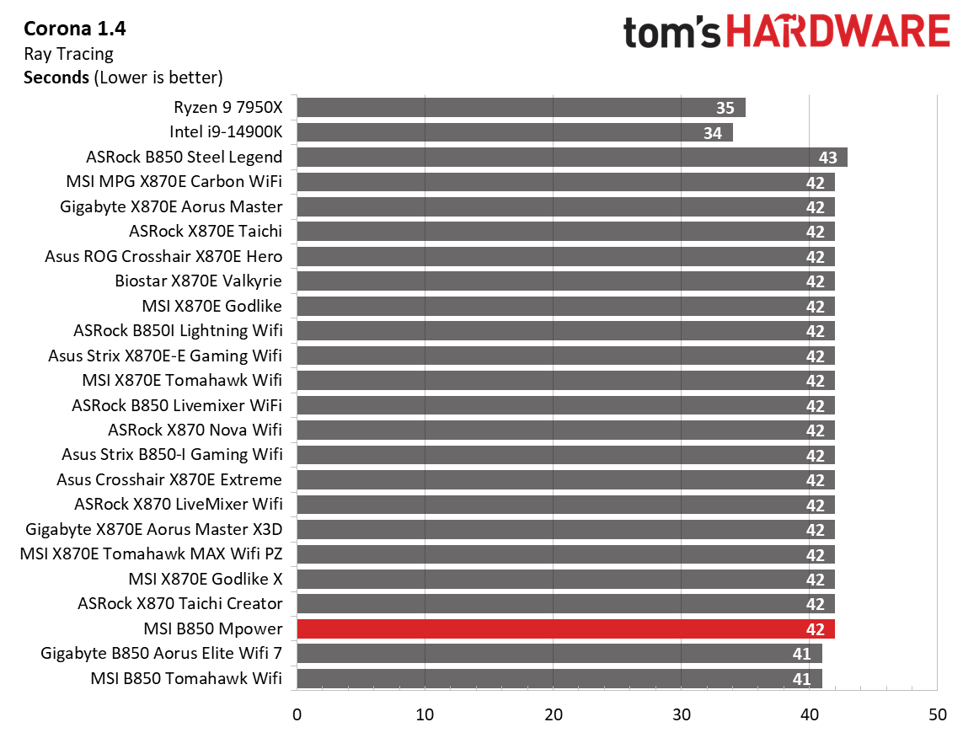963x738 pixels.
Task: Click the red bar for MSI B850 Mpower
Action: (564, 628)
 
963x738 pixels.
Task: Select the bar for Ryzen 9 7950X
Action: (520, 108)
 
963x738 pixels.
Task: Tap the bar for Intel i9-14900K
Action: (514, 132)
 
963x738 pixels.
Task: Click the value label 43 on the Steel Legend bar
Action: (827, 158)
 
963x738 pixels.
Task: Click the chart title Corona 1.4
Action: (74, 29)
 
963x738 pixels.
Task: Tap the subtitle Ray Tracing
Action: (68, 54)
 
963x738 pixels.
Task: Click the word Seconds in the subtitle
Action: (56, 78)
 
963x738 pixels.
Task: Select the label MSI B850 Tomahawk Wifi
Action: (186, 678)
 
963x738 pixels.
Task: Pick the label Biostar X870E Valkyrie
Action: (198, 281)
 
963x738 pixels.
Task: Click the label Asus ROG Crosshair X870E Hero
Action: (163, 256)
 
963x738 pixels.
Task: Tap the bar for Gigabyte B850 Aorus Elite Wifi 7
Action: (558, 654)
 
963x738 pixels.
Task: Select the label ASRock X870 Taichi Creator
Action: (179, 603)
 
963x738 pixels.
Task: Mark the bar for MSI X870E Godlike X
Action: (564, 579)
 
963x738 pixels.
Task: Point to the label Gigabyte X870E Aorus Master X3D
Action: (154, 529)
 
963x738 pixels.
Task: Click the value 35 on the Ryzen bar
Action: (725, 108)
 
